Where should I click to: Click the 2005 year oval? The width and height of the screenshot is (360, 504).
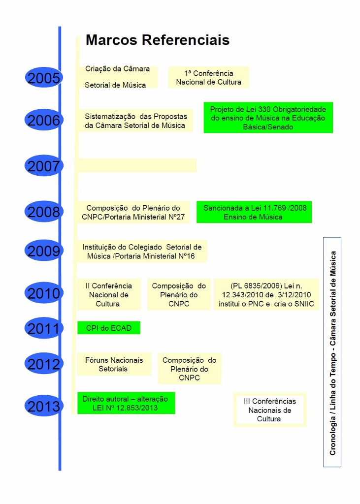click(44, 78)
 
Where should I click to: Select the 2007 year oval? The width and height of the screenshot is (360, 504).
click(44, 166)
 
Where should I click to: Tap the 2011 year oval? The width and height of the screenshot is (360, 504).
click(44, 328)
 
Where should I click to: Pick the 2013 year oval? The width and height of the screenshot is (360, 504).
click(44, 406)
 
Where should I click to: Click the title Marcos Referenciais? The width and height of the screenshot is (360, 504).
click(158, 40)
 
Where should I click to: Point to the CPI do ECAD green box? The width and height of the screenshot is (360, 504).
click(109, 328)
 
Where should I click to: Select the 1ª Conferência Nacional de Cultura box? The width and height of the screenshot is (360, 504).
click(209, 78)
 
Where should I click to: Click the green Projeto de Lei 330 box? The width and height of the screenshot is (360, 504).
click(268, 118)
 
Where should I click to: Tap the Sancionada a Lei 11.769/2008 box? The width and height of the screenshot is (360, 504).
click(254, 212)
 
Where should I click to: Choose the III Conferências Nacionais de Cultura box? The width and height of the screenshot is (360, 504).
click(269, 409)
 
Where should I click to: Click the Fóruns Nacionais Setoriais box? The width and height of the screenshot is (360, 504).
click(114, 364)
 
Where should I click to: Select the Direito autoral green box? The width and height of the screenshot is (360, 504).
click(126, 403)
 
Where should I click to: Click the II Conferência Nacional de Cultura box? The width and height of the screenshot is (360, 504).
click(108, 294)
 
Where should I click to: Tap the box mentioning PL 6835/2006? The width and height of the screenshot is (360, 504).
click(266, 294)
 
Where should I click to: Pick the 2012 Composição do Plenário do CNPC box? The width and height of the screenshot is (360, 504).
click(189, 369)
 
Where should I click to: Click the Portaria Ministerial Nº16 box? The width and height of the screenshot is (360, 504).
click(142, 252)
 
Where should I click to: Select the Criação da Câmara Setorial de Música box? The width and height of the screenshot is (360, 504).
click(118, 77)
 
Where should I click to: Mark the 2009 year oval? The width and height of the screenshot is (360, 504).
click(44, 252)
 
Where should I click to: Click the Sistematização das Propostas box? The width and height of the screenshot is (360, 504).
click(135, 121)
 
